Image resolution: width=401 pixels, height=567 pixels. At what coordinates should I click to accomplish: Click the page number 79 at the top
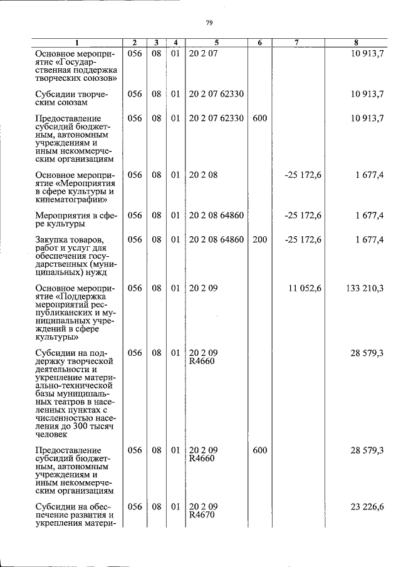pyautogui.click(x=210, y=23)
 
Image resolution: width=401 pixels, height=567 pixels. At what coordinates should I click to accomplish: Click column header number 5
pyautogui.click(x=216, y=43)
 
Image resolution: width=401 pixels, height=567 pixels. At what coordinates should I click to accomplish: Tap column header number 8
pyautogui.click(x=356, y=43)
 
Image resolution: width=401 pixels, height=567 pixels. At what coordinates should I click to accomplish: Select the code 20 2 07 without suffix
pyautogui.click(x=200, y=54)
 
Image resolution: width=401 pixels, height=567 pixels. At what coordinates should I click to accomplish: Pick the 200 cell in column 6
pyautogui.click(x=259, y=239)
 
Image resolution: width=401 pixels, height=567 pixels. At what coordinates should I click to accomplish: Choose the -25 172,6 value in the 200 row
pyautogui.click(x=303, y=239)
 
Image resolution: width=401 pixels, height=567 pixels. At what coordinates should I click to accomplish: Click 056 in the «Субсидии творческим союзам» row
pyautogui.click(x=135, y=94)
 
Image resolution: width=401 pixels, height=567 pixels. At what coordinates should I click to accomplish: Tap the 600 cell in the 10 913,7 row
pyautogui.click(x=259, y=118)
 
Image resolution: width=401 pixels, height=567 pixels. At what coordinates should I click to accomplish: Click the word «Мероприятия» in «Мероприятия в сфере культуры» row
pyautogui.click(x=61, y=216)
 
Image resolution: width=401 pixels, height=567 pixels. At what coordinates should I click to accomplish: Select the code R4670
pyautogui.click(x=202, y=516)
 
